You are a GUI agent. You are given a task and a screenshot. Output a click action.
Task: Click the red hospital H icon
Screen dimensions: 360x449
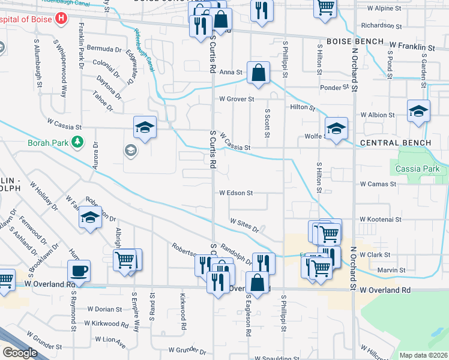[x=60, y=19]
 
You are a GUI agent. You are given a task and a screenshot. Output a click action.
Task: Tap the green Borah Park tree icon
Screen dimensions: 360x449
[x=76, y=142]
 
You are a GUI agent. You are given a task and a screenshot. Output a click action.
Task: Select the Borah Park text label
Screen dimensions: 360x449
[x=48, y=143]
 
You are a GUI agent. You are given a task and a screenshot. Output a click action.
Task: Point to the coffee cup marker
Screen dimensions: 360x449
[x=79, y=271]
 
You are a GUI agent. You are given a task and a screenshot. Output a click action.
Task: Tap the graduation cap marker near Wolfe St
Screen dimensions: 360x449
[x=336, y=127]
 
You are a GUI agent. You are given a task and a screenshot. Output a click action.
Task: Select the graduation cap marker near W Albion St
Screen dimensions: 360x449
[x=418, y=110]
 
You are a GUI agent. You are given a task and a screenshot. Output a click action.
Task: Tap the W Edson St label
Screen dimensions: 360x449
[x=236, y=193]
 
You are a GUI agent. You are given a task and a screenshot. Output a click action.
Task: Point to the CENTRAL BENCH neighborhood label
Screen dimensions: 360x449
[x=396, y=143]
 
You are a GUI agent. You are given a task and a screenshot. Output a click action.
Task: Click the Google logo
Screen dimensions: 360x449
[x=20, y=353]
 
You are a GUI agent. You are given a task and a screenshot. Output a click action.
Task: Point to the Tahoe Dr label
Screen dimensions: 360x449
[x=103, y=101]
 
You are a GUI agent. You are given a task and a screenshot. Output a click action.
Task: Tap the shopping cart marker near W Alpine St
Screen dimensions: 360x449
[x=325, y=7]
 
